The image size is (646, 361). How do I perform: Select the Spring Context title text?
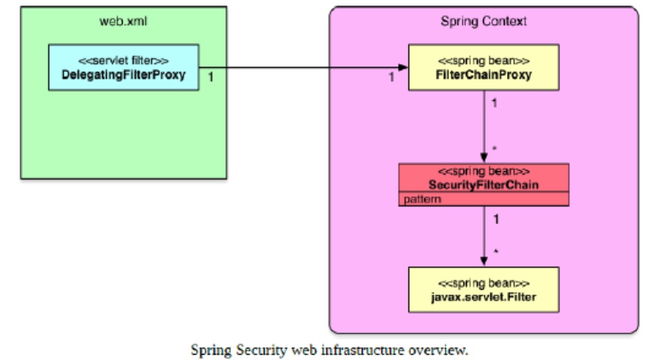click(x=483, y=21)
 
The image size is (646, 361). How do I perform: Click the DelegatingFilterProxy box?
click(x=123, y=67)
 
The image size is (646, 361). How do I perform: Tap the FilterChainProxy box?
click(x=484, y=67)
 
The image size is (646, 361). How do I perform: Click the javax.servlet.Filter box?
click(x=484, y=289)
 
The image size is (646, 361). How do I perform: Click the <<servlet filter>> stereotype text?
click(x=123, y=61)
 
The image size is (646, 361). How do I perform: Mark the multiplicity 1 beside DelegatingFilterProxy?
click(x=211, y=76)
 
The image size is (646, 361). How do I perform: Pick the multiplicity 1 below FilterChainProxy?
click(x=494, y=101)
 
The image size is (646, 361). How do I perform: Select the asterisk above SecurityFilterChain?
click(x=494, y=149)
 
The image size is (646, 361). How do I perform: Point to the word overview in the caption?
click(x=444, y=349)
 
